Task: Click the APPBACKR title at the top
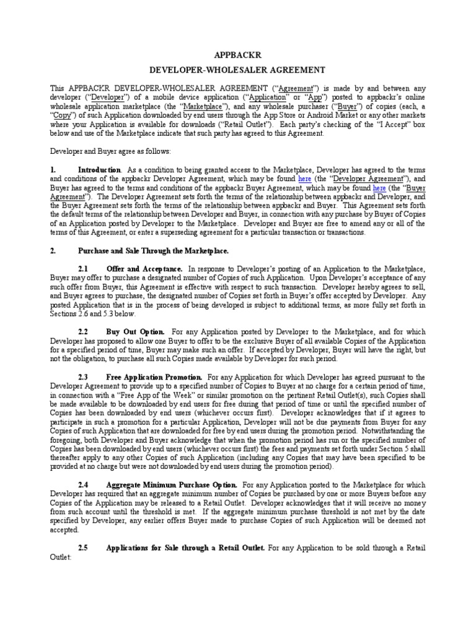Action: point(237,53)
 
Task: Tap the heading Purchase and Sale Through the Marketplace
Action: point(153,251)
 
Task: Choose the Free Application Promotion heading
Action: point(154,376)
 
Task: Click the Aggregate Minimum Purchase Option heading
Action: point(171,484)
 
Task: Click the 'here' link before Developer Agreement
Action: point(304,179)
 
